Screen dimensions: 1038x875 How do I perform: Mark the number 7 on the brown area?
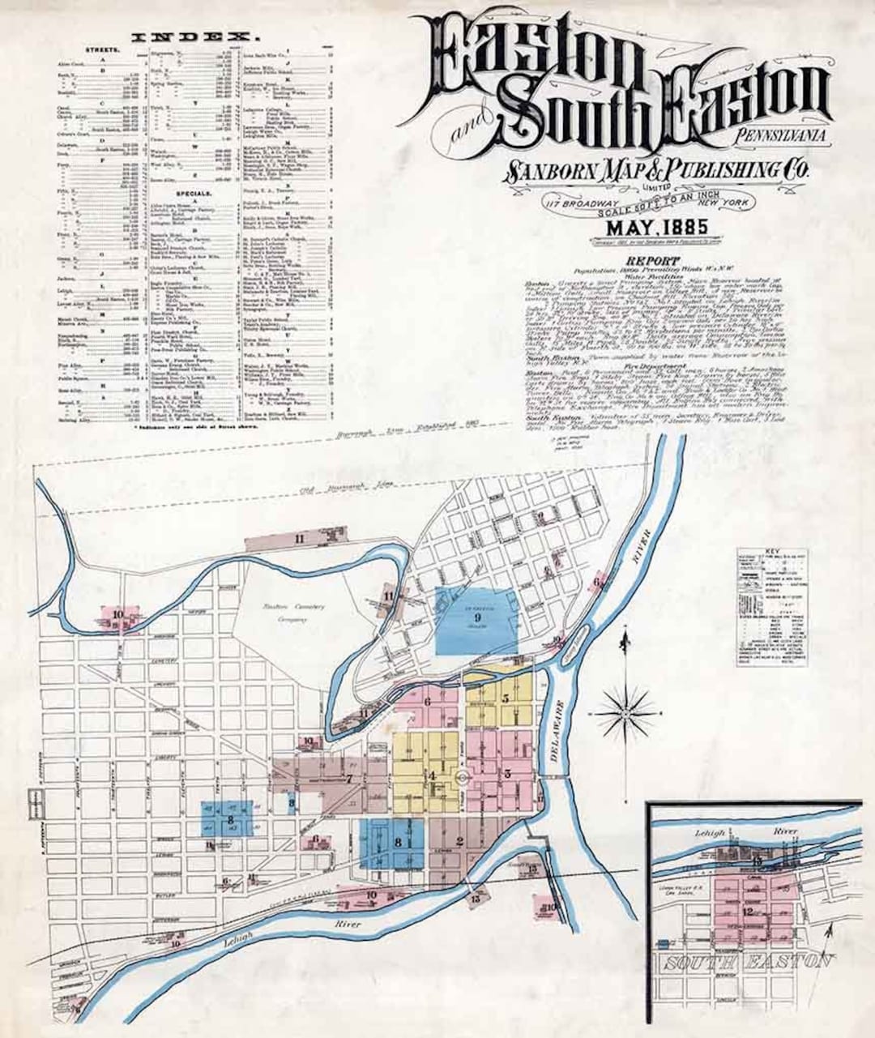pyautogui.click(x=349, y=780)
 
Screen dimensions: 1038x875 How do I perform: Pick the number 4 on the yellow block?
pyautogui.click(x=433, y=775)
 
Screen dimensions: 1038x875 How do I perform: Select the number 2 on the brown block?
pyautogui.click(x=459, y=840)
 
